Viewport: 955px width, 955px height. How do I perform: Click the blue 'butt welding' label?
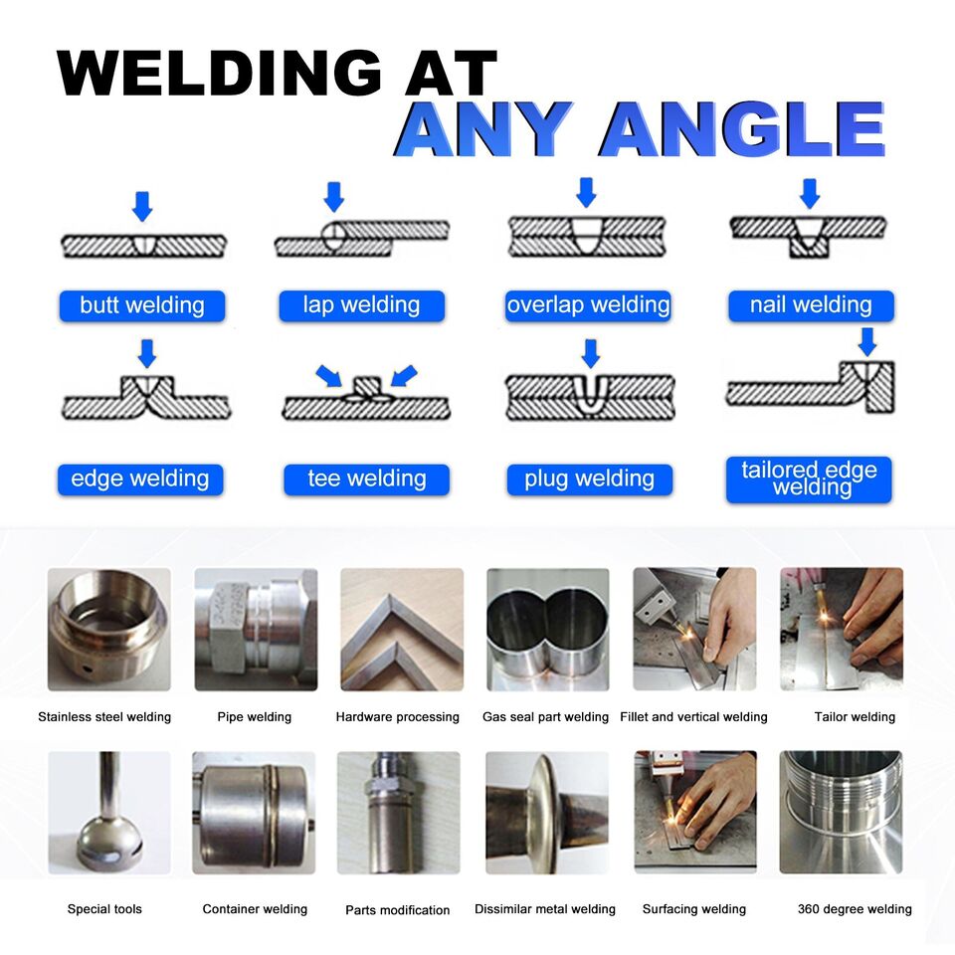141,305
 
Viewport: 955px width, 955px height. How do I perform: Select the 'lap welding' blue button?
360,305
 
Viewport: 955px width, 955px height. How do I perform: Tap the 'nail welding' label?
810,305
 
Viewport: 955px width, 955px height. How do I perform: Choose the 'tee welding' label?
365,479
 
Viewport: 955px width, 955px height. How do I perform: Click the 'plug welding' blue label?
589,479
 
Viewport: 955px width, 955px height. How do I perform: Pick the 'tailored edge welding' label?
809,478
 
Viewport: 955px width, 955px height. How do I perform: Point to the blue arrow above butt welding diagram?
143,206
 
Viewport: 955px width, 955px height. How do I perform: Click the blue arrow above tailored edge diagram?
867,341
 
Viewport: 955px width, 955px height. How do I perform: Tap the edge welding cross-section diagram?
147,397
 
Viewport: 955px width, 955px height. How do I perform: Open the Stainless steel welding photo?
108,629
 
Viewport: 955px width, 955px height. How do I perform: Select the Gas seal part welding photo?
547,629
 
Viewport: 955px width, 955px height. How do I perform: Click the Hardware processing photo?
401,629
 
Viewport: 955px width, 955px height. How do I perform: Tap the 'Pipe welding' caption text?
254,716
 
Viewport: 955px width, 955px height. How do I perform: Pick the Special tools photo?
108,812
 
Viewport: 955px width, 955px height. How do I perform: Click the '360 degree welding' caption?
855,908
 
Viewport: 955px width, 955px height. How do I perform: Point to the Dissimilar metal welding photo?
547,812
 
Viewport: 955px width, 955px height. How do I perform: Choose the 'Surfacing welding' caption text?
693,908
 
